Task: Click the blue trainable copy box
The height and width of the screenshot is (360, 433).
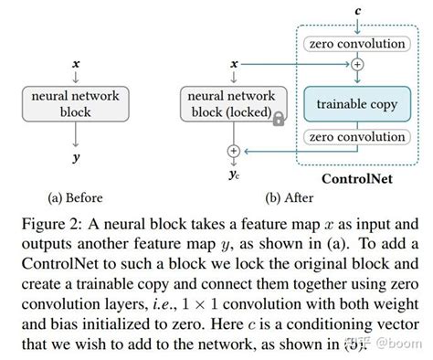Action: (x=356, y=104)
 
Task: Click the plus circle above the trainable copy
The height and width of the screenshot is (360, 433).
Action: (x=356, y=65)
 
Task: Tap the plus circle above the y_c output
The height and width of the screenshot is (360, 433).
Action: (x=234, y=150)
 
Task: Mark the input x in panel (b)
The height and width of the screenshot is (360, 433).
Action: (x=235, y=64)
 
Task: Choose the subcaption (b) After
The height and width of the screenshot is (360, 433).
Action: (x=235, y=197)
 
